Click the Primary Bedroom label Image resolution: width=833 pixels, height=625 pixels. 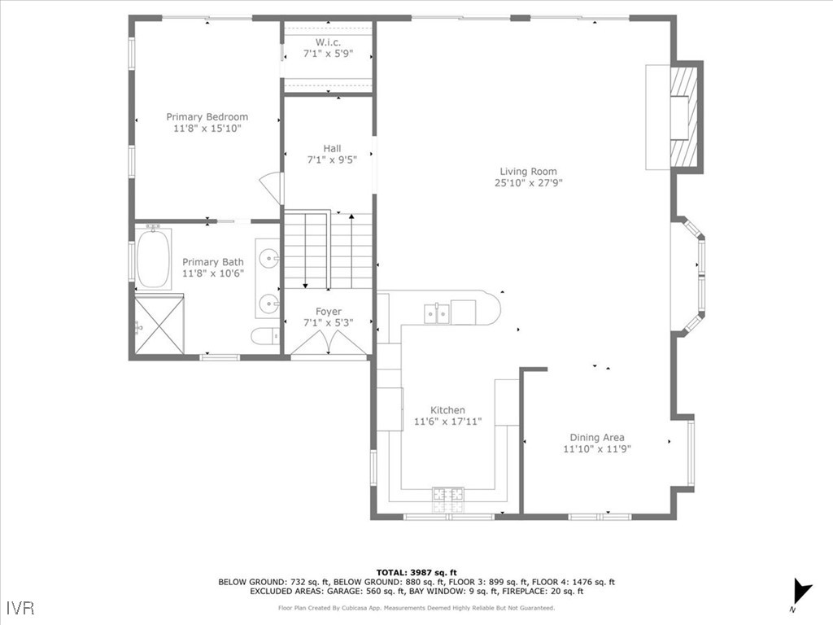[207, 117]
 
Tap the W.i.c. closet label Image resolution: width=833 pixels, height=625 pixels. [329, 42]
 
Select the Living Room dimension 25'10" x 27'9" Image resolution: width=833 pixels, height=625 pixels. [529, 183]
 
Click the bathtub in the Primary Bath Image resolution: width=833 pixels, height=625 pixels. [154, 258]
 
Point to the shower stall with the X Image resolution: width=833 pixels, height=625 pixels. [159, 324]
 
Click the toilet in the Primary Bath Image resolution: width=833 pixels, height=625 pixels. [265, 336]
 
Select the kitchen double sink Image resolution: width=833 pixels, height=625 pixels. [437, 313]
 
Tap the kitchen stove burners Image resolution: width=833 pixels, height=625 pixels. [448, 500]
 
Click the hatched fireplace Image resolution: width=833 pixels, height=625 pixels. [683, 117]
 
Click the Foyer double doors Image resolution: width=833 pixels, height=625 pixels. [329, 343]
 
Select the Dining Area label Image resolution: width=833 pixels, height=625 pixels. [597, 437]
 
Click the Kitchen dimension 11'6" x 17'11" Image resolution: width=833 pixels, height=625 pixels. [448, 422]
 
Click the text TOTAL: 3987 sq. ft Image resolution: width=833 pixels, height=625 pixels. [416, 572]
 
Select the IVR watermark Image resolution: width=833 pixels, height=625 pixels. [20, 607]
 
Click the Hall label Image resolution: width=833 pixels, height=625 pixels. [332, 148]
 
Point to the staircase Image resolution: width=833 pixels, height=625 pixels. [328, 251]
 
